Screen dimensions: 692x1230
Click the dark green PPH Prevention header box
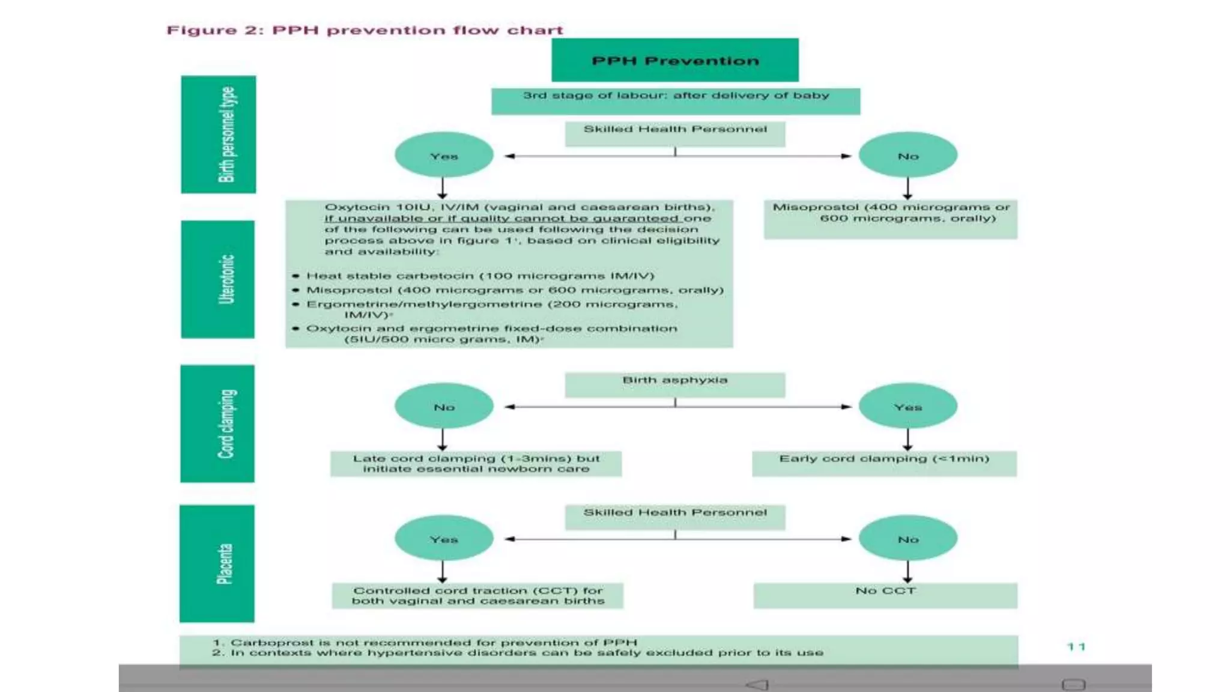(675, 60)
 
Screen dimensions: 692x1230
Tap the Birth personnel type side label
(219, 135)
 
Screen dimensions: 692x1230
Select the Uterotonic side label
(218, 279)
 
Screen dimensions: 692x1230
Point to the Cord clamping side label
(217, 423)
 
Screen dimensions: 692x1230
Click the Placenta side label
(217, 563)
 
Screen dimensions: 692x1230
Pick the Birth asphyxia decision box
(674, 384)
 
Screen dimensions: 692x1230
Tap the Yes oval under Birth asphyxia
(907, 407)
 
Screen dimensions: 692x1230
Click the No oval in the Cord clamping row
(444, 407)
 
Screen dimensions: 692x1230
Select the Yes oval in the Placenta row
(444, 539)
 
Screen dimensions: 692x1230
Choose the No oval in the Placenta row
(907, 539)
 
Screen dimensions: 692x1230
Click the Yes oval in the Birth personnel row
(444, 156)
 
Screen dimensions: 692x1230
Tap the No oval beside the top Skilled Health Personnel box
(907, 156)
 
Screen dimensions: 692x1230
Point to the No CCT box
(885, 595)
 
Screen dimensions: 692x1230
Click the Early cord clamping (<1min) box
(884, 463)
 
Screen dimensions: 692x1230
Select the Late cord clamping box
(476, 464)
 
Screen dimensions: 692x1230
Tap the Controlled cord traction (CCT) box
(477, 595)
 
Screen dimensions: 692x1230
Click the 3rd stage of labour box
(676, 101)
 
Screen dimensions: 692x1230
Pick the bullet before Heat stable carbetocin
(295, 276)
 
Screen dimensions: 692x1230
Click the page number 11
(1076, 646)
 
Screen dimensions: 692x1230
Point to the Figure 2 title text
(365, 30)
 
